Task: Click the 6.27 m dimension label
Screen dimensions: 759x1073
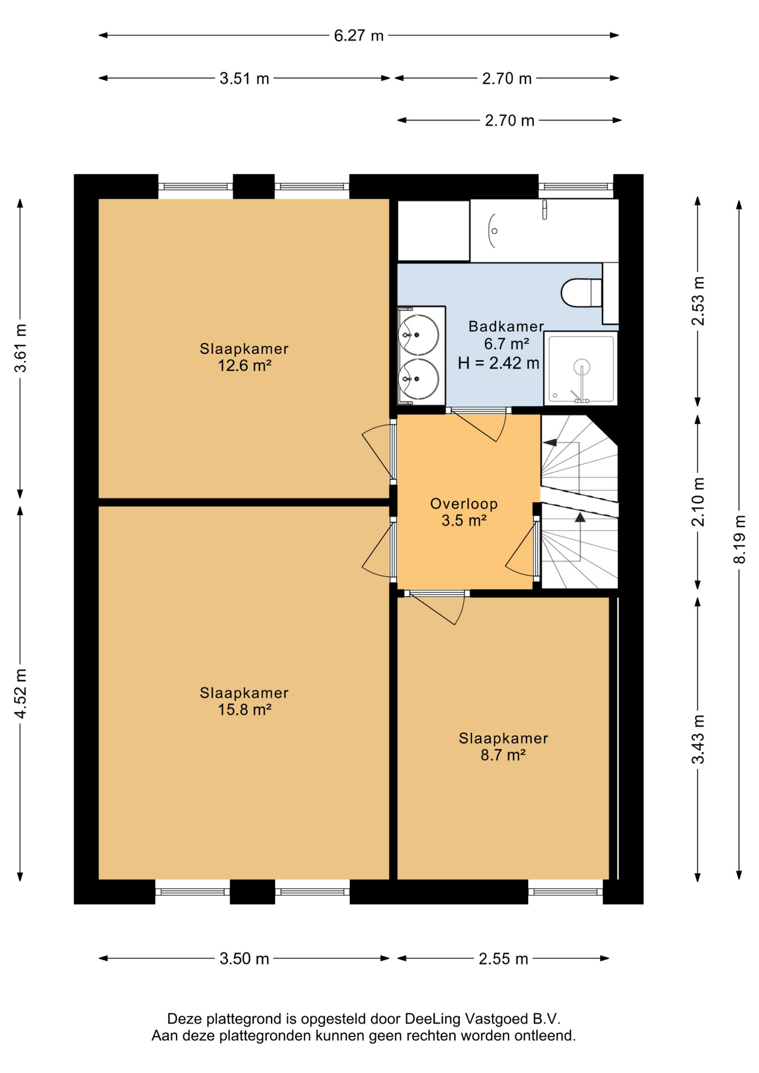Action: click(x=359, y=36)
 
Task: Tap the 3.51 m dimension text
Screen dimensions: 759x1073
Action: click(x=244, y=79)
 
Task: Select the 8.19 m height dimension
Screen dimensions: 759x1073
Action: click(x=739, y=539)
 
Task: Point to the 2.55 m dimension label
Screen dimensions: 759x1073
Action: click(x=503, y=959)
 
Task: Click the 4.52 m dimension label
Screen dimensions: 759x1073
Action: click(x=21, y=694)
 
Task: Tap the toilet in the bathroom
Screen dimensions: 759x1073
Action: click(x=581, y=292)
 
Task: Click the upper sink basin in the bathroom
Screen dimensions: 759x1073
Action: click(x=418, y=335)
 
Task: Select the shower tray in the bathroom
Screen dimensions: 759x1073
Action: click(x=581, y=368)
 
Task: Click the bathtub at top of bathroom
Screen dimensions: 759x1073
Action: click(x=544, y=230)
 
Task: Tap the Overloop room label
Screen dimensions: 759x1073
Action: click(x=464, y=504)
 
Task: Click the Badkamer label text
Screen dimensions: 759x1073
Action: click(x=506, y=326)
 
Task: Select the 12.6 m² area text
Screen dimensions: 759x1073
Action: click(x=244, y=366)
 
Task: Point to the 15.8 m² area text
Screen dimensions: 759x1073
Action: click(x=244, y=710)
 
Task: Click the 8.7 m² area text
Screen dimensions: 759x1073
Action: click(x=503, y=756)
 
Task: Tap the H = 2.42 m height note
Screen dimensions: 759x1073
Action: click(x=499, y=363)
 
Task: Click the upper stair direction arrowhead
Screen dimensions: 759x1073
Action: click(x=550, y=443)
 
